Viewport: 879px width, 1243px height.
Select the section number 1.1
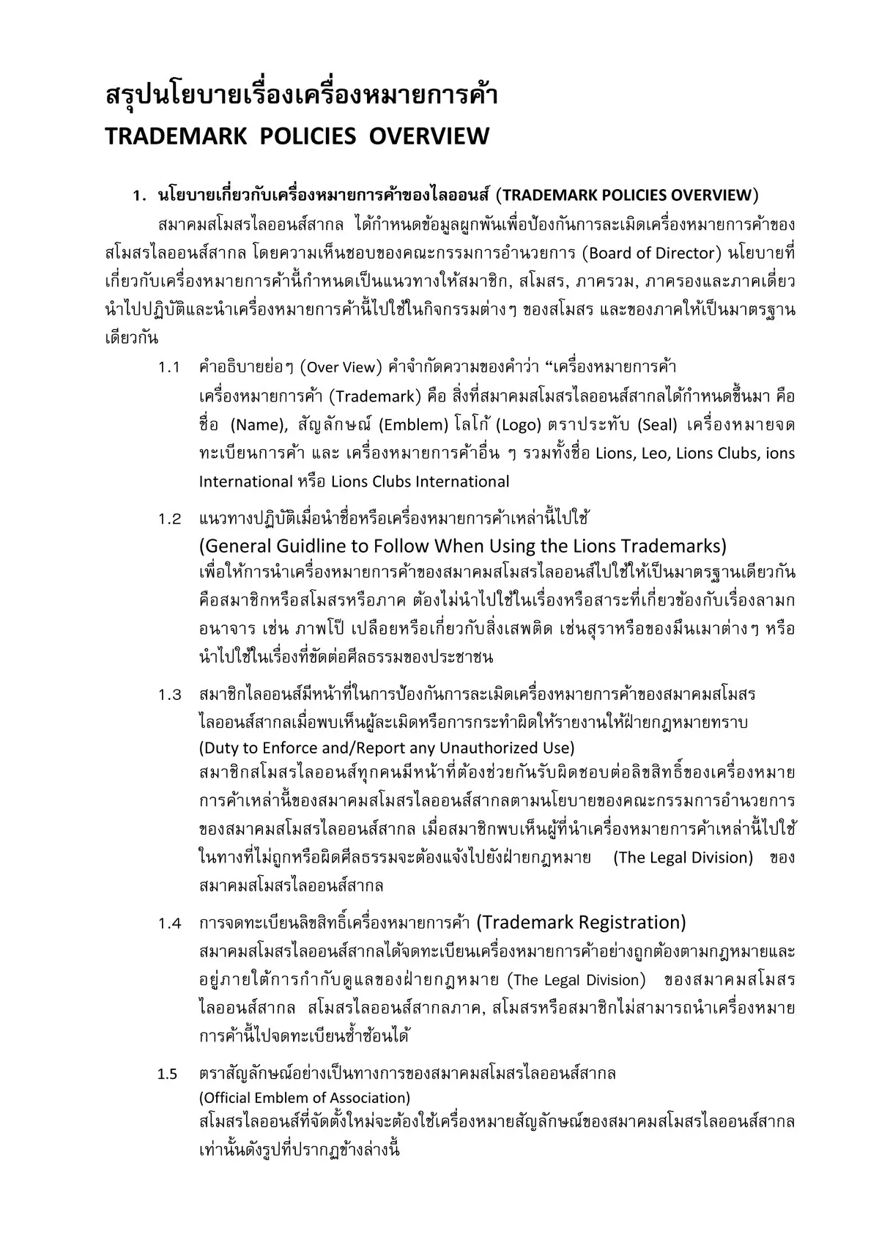(169, 367)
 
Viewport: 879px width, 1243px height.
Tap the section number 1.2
(169, 520)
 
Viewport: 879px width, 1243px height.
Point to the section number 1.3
(169, 695)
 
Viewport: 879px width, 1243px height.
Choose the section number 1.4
(169, 923)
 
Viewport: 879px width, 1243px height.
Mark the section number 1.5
(168, 1074)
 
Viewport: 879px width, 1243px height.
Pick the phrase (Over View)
(341, 367)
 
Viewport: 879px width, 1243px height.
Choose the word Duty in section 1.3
(218, 748)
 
